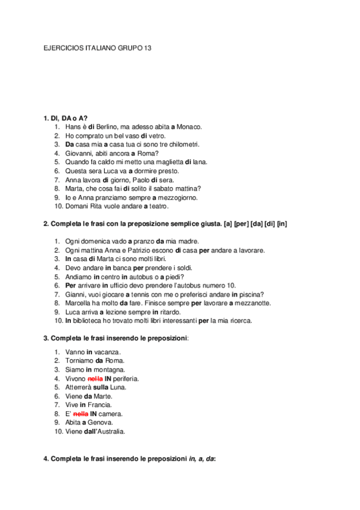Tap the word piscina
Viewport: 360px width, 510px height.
pos(251,294)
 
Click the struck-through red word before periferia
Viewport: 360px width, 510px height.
pos(96,378)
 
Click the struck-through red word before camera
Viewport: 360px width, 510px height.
pos(81,414)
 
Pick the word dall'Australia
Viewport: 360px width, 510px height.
pos(106,432)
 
